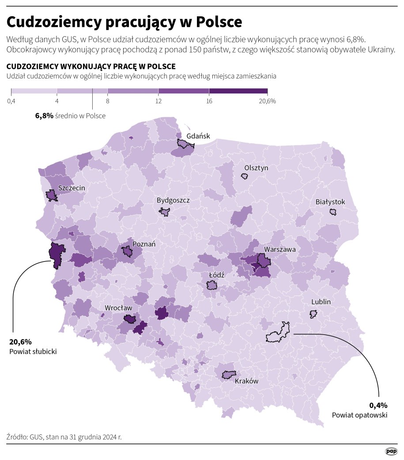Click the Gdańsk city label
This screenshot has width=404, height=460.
pyautogui.click(x=198, y=136)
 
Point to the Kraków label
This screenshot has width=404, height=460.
pyautogui.click(x=246, y=381)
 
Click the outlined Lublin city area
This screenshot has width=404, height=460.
pyautogui.click(x=313, y=314)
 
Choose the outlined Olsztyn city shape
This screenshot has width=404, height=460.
pyautogui.click(x=244, y=176)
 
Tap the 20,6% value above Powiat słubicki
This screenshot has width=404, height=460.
pyautogui.click(x=20, y=342)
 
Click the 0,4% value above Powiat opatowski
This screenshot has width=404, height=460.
pyautogui.click(x=378, y=405)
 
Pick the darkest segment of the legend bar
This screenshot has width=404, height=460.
pyautogui.click(x=238, y=91)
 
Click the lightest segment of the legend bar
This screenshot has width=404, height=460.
pyautogui.click(x=34, y=91)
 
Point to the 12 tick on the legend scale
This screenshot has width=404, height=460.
pyautogui.click(x=158, y=101)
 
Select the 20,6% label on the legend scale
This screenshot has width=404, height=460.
pyautogui.click(x=265, y=101)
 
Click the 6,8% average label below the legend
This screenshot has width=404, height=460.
pyautogui.click(x=44, y=116)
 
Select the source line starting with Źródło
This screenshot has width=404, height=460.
pyautogui.click(x=64, y=437)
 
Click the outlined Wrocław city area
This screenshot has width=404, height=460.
pyautogui.click(x=130, y=318)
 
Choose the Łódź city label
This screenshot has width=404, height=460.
pyautogui.click(x=216, y=275)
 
